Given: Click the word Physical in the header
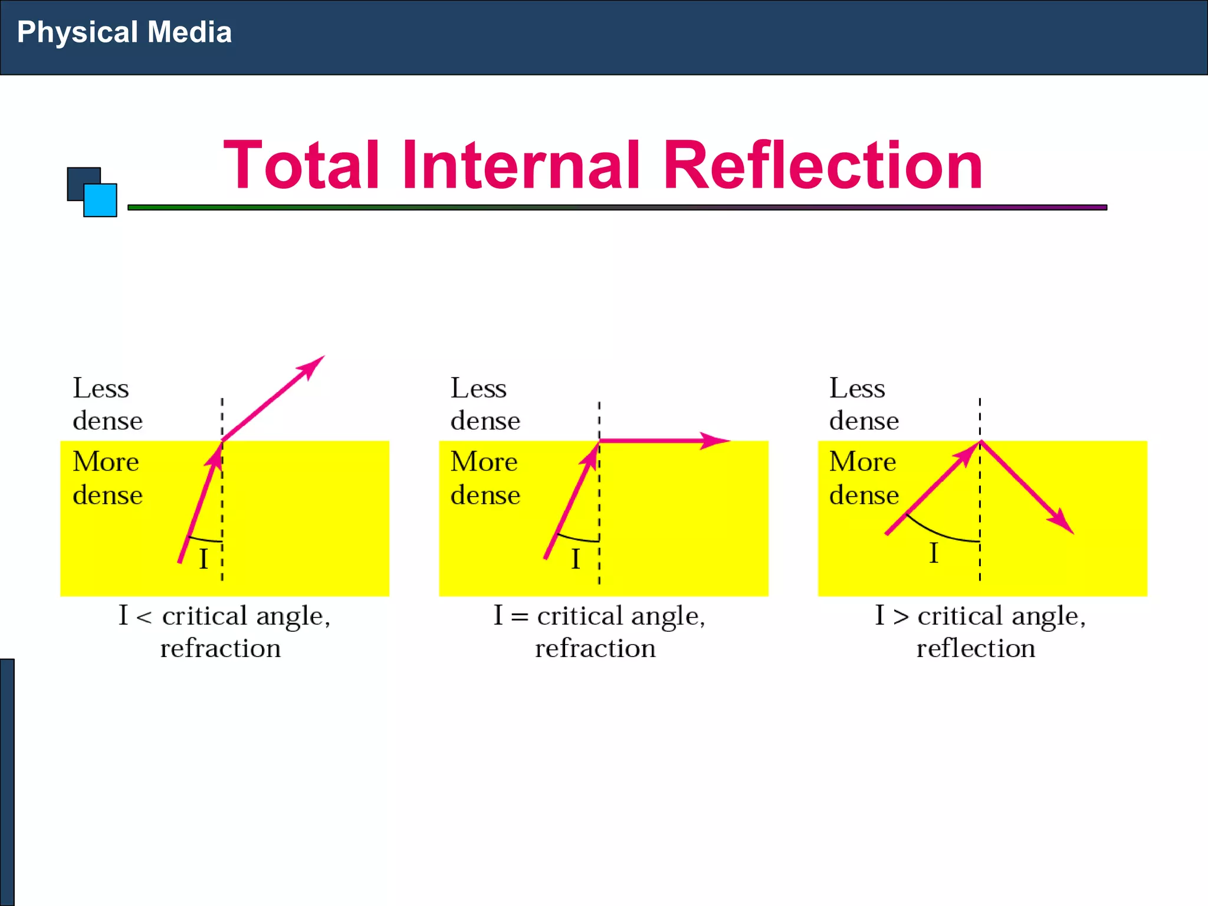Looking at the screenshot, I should point(77,32).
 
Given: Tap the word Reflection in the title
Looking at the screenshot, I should point(823,166).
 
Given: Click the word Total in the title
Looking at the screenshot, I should point(301,166).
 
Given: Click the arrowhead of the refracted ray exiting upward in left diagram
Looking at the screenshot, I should point(311,367).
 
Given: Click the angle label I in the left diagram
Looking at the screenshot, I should point(203,559).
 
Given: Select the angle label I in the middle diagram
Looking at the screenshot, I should point(576,559).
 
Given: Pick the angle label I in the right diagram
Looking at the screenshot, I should point(933,553).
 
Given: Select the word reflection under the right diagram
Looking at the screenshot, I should point(976,648).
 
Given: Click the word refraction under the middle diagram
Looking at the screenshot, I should point(595,648).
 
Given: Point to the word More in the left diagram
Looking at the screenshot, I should point(106,461).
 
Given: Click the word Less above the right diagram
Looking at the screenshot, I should point(857,388).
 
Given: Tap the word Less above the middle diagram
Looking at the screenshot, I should point(478,388).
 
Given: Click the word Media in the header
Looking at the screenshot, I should point(189,32).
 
